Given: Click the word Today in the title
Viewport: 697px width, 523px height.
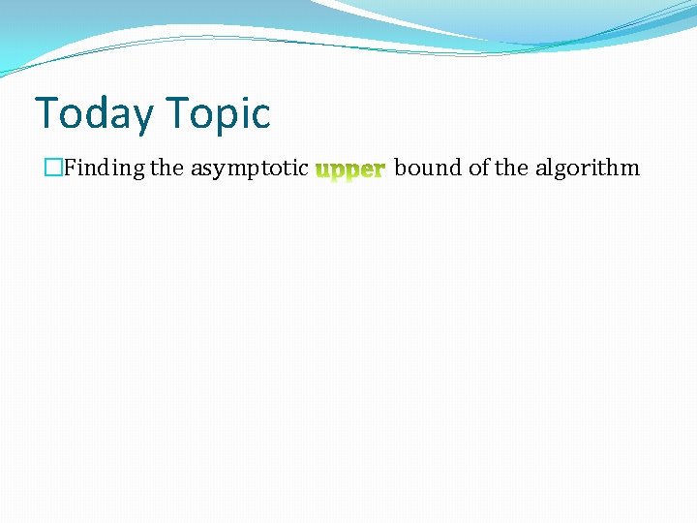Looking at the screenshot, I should point(93,114).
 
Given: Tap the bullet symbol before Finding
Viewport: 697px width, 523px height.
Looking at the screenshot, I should point(52,169).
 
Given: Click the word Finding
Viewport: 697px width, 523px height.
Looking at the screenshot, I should point(104,169).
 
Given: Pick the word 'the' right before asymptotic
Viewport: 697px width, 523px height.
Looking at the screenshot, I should point(167,169).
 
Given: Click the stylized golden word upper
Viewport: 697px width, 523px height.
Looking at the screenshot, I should point(350,170).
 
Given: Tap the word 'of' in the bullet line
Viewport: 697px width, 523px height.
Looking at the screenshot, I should point(479,169).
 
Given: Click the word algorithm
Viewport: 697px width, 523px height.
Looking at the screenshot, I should point(588,169).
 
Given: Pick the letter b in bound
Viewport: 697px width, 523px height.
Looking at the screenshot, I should point(402,169).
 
